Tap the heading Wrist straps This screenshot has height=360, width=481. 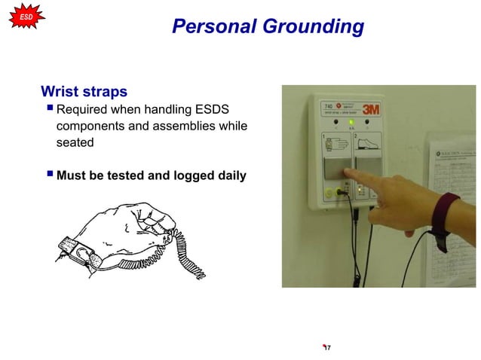[x=84, y=92]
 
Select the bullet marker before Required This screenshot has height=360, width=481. [x=49, y=109]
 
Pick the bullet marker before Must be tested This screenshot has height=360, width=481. [x=49, y=176]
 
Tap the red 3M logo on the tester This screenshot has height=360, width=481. [x=369, y=110]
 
